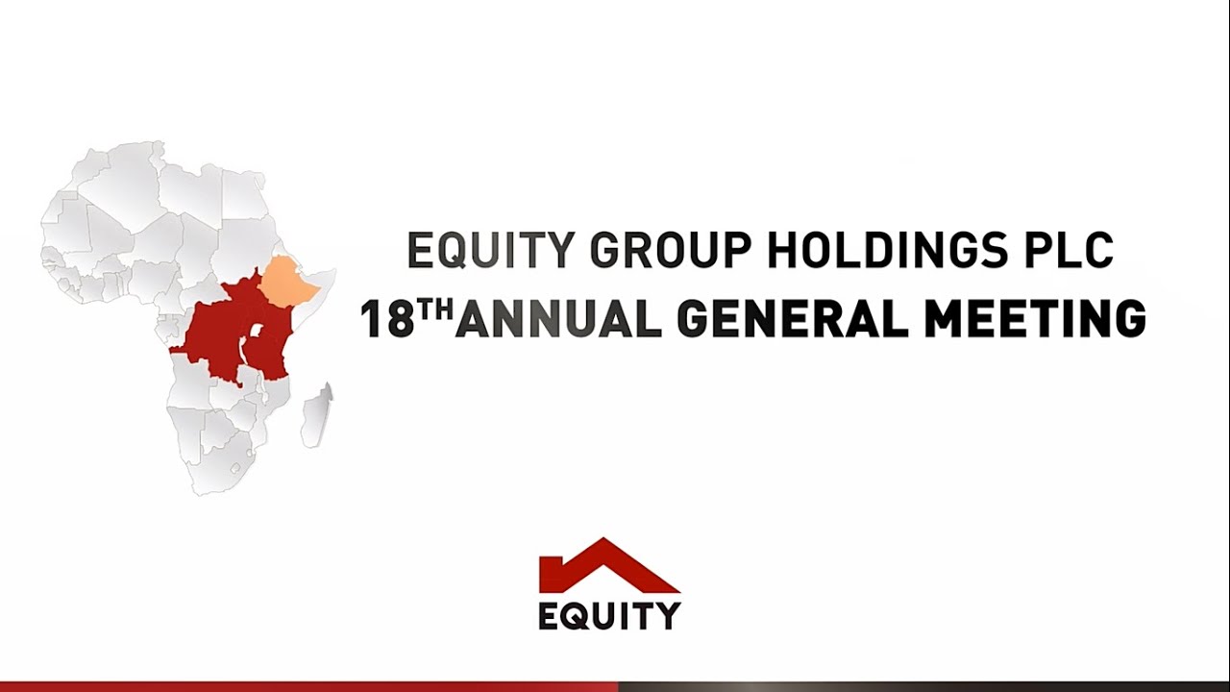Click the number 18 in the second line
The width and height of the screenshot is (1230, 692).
click(x=385, y=320)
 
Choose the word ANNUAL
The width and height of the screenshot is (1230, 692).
click(x=558, y=320)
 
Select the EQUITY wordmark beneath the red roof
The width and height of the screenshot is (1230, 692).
click(x=609, y=615)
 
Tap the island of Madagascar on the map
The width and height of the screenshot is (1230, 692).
click(x=317, y=415)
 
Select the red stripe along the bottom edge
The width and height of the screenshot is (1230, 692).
click(x=307, y=686)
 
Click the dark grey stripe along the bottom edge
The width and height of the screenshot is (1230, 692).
click(x=922, y=686)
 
